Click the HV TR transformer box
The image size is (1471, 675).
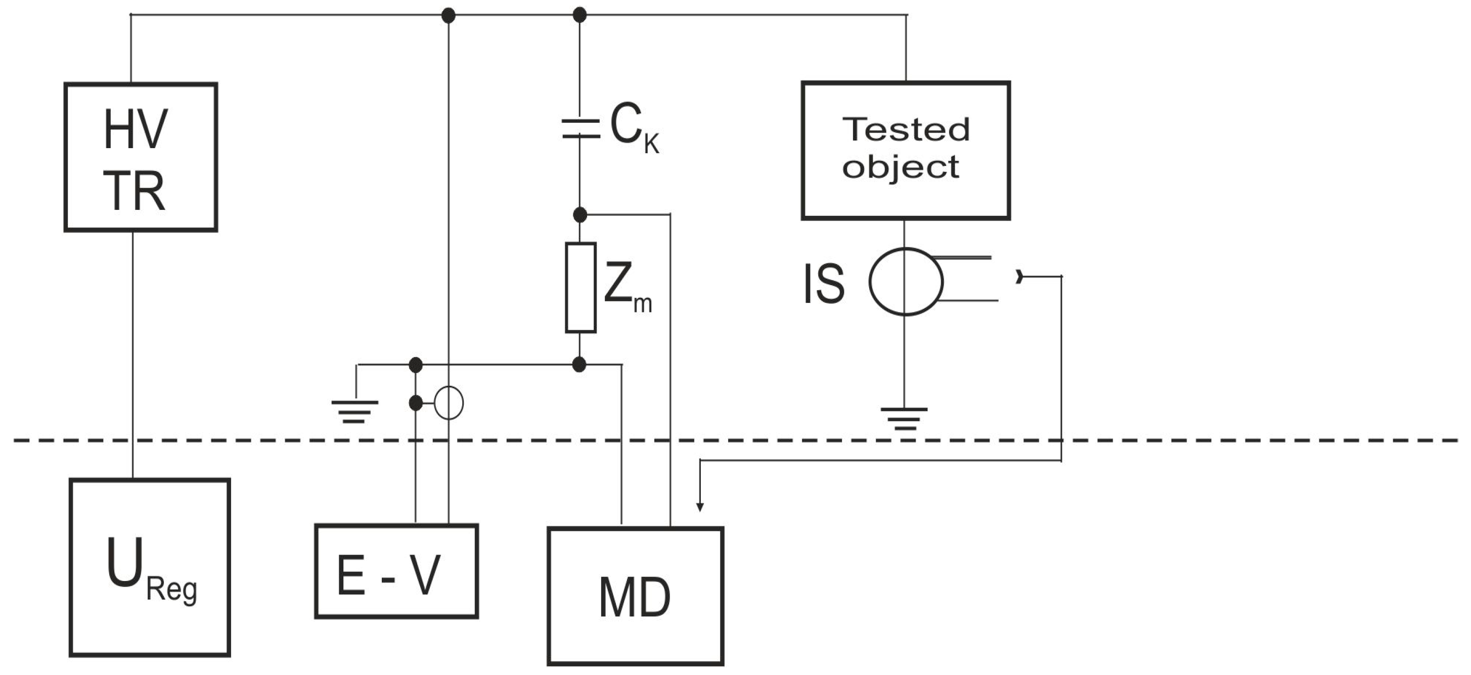(x=141, y=157)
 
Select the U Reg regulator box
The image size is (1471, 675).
(x=150, y=568)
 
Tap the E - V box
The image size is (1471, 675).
(x=396, y=571)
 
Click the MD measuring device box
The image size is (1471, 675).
(x=635, y=596)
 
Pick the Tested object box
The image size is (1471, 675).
(x=906, y=150)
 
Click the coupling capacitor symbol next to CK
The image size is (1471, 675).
(x=580, y=128)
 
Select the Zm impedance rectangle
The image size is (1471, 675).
(x=580, y=287)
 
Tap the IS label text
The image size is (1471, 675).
(x=823, y=284)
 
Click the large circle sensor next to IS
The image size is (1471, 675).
(x=906, y=282)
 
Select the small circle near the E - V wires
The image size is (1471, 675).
(x=449, y=403)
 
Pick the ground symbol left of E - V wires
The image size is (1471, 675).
(x=354, y=412)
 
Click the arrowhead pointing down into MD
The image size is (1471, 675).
(x=700, y=507)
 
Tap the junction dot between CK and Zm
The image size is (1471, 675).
(x=580, y=215)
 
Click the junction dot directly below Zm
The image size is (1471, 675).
(x=579, y=365)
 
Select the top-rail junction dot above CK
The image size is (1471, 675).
(x=580, y=15)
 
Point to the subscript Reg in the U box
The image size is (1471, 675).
(x=172, y=591)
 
